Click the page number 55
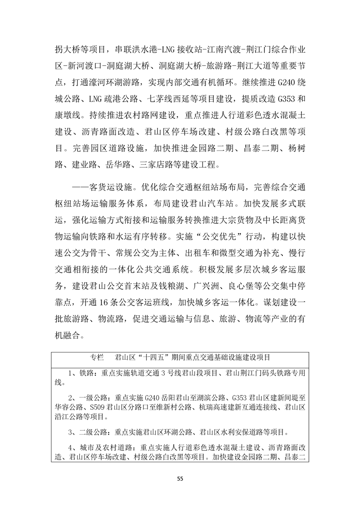point(180,478)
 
